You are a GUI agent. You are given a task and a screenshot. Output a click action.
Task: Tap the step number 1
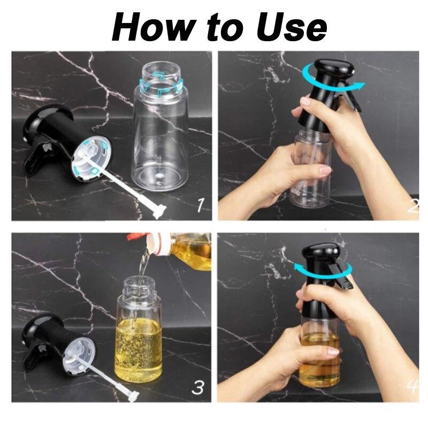201,205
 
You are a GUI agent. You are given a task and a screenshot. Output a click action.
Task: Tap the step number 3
197,387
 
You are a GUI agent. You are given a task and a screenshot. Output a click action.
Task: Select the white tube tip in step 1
159,211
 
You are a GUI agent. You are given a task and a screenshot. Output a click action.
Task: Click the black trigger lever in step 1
38,159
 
